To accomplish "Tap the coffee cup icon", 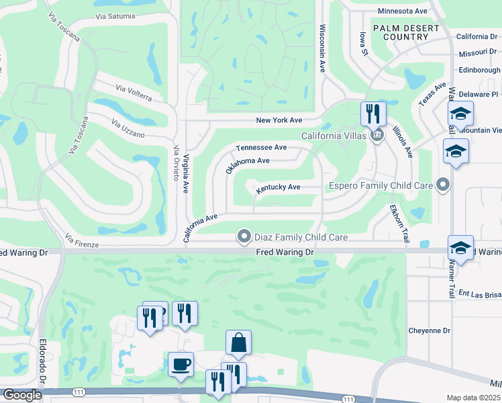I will (181, 364).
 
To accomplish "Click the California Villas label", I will (333, 136).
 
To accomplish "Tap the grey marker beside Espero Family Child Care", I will (442, 184).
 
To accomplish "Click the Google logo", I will (22, 395).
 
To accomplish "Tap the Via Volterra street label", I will (134, 93).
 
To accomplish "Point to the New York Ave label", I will (279, 120).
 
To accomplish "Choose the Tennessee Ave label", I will (261, 147).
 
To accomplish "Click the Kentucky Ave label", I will (278, 187).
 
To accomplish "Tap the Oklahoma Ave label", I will (247, 165).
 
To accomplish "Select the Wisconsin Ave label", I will (322, 49).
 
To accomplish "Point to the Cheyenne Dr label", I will (430, 330).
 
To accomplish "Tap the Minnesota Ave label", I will (403, 11).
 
